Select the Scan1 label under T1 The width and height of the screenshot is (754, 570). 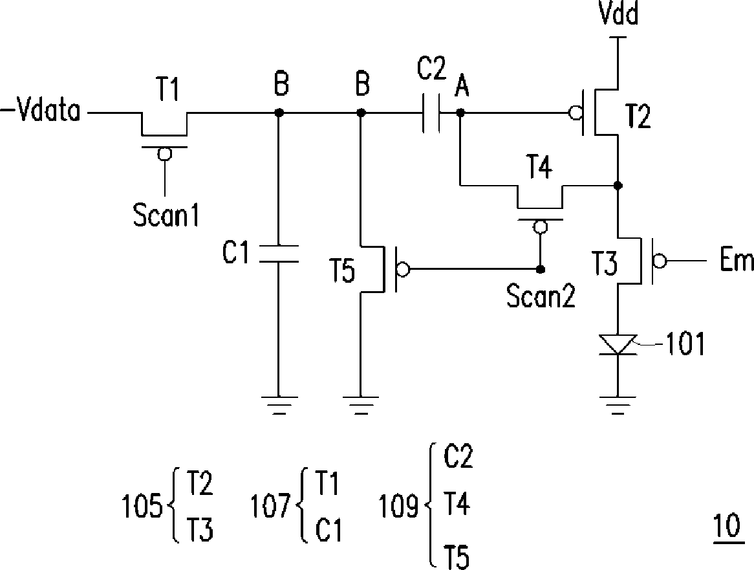coord(166,215)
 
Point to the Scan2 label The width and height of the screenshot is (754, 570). coord(541,296)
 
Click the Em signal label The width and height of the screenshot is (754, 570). coord(737,260)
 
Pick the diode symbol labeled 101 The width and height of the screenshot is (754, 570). coord(618,344)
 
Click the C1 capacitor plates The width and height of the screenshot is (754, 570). coord(279,254)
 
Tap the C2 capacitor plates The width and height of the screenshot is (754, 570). coord(431,113)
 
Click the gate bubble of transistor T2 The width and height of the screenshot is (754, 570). coord(574,113)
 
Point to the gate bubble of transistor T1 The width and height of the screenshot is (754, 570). coord(165,154)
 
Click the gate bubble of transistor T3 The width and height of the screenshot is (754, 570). coord(660,261)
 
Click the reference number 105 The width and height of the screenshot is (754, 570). coord(142,507)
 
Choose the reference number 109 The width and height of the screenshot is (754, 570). coord(398,507)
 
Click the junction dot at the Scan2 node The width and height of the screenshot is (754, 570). coord(541,269)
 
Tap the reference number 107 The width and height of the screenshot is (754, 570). coord(270,507)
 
